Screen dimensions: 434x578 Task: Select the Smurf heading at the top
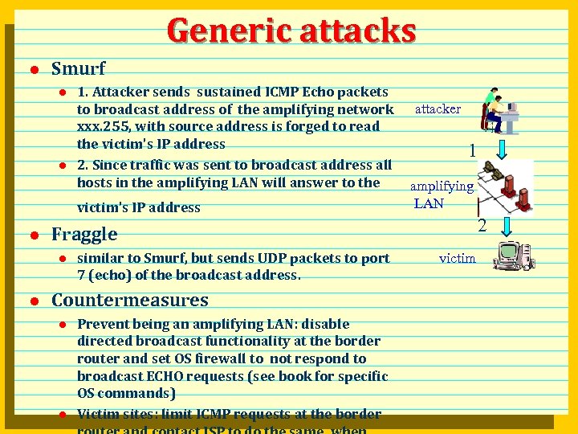78,68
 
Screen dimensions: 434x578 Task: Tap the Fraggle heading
84,234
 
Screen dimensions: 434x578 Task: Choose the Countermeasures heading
130,300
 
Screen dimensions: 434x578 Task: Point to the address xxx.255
105,127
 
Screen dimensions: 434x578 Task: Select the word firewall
217,358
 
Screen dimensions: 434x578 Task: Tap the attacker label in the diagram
438,108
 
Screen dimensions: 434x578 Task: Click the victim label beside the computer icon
457,258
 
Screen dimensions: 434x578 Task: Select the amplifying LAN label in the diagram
442,194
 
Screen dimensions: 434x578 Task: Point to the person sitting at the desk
491,109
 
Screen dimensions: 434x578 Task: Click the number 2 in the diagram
482,226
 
